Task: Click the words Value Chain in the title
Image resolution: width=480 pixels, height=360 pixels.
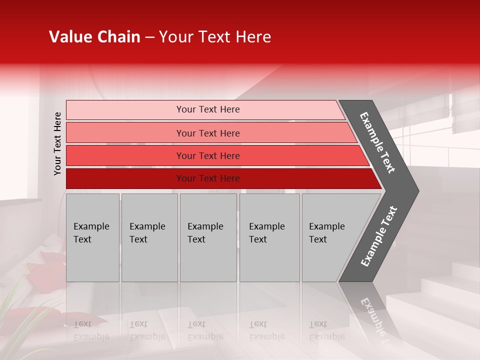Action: click(94, 37)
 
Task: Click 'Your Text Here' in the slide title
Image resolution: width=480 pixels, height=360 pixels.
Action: click(215, 37)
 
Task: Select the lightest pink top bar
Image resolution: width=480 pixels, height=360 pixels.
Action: click(207, 109)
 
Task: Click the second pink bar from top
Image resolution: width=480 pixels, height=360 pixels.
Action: click(207, 133)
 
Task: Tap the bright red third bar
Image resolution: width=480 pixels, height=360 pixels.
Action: click(207, 155)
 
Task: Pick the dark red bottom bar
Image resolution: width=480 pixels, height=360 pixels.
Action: click(207, 178)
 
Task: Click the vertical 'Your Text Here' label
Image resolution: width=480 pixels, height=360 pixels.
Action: click(58, 143)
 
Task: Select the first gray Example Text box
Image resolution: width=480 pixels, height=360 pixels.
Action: click(92, 237)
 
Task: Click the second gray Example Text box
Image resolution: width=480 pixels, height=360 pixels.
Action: click(149, 237)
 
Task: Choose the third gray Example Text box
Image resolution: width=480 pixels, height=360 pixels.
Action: click(208, 237)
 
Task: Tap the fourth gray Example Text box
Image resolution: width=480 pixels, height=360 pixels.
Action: click(269, 237)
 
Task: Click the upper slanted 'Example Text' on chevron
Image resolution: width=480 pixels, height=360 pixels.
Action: click(377, 142)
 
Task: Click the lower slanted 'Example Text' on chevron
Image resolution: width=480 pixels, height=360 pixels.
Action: click(379, 236)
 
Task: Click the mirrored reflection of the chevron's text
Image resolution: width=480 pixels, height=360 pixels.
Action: click(372, 320)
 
